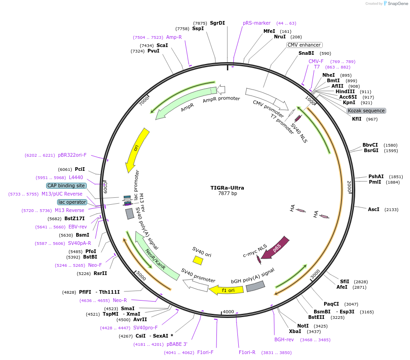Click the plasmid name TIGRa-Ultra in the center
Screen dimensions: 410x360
(227, 188)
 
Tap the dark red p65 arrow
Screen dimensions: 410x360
(275, 248)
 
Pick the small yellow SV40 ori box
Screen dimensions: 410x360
(198, 260)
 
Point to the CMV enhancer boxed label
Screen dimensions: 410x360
(304, 45)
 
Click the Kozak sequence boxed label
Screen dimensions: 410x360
(366, 111)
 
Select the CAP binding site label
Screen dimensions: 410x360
(66, 185)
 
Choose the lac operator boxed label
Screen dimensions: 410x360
(72, 202)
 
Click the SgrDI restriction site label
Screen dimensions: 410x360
(217, 23)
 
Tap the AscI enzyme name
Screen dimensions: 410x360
(373, 209)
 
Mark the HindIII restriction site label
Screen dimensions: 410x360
(345, 91)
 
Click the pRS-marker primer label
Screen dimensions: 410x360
(257, 23)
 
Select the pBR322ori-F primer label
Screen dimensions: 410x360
(72, 155)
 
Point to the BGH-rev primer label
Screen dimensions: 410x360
(284, 339)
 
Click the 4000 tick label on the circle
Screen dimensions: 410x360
(228, 312)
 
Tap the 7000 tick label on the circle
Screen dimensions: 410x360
(144, 101)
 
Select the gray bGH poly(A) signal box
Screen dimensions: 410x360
(256, 286)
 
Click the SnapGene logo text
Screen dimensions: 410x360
(398, 3)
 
